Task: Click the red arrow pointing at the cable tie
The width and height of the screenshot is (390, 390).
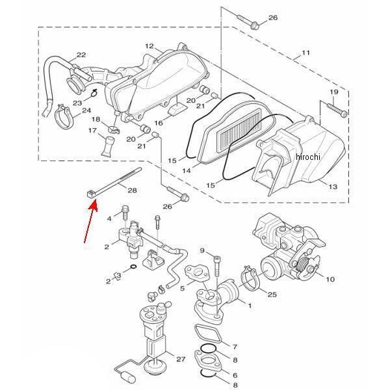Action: tap(91, 222)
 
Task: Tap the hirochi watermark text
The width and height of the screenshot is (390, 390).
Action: tap(308, 157)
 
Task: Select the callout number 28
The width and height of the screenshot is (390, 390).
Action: tap(132, 190)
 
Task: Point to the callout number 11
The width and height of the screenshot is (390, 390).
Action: tap(305, 53)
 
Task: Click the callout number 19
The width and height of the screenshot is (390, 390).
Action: tap(334, 92)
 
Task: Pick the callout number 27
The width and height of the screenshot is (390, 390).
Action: tap(181, 359)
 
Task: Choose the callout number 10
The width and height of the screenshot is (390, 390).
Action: tap(330, 279)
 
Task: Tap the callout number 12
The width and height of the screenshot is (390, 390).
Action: tap(149, 46)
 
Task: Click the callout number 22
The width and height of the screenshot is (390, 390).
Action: tap(81, 55)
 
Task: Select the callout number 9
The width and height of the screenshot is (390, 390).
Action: tap(202, 250)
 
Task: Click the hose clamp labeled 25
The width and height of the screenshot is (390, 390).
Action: tap(250, 279)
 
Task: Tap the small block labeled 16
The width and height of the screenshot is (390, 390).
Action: tap(177, 110)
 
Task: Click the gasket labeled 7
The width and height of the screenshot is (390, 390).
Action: tap(208, 334)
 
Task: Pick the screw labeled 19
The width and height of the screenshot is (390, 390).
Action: tap(337, 110)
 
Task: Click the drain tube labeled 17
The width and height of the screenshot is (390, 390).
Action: tap(108, 146)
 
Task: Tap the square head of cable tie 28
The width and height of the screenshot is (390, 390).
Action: tap(91, 194)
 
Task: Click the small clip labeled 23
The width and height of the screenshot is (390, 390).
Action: tap(94, 93)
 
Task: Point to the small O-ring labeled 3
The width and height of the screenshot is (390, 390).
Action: tap(133, 267)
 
